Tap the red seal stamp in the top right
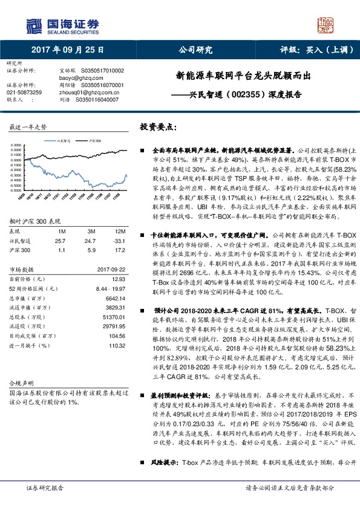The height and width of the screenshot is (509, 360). [326, 27]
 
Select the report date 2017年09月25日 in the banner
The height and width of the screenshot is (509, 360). [67, 50]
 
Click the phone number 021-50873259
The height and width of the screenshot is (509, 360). [24, 92]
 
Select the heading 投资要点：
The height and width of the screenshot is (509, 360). [159, 128]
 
